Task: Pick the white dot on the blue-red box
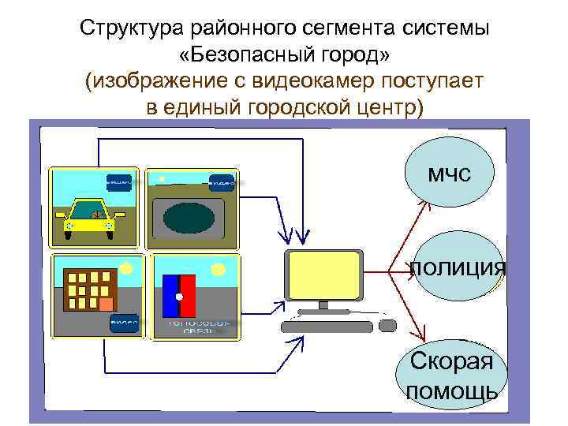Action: tap(179, 297)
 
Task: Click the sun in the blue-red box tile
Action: tap(214, 270)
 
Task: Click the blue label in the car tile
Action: tap(118, 183)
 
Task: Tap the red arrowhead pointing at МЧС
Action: tap(424, 202)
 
